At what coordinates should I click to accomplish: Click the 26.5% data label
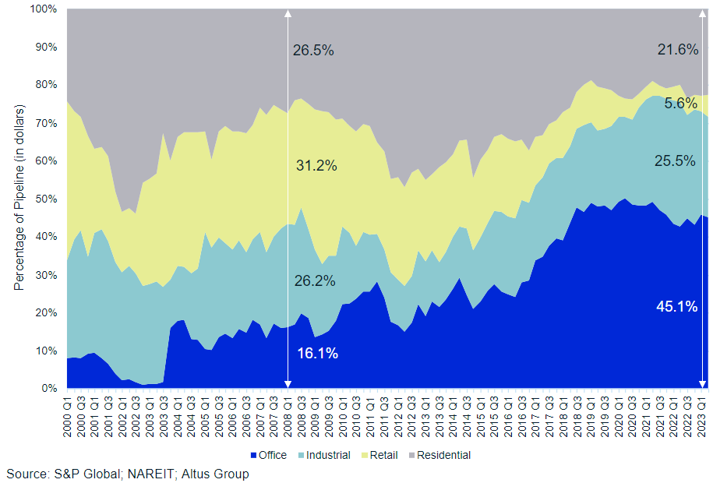coord(313,51)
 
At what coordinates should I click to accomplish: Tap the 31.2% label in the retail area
coord(316,166)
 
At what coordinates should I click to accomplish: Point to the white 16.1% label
coord(317,354)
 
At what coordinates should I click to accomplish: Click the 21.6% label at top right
coord(677,50)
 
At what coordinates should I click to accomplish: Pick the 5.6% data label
coord(680,103)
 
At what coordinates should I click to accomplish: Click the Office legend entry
coord(267,455)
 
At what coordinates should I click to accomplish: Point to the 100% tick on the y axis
coord(44,9)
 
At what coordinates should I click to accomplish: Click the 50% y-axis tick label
coord(47,199)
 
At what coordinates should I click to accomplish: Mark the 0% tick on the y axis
coord(49,388)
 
